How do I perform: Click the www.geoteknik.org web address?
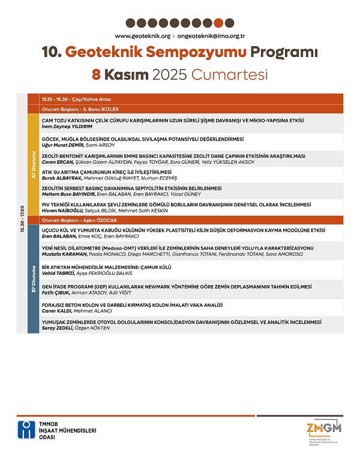[139, 36]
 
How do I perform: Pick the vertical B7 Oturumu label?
[34, 275]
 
